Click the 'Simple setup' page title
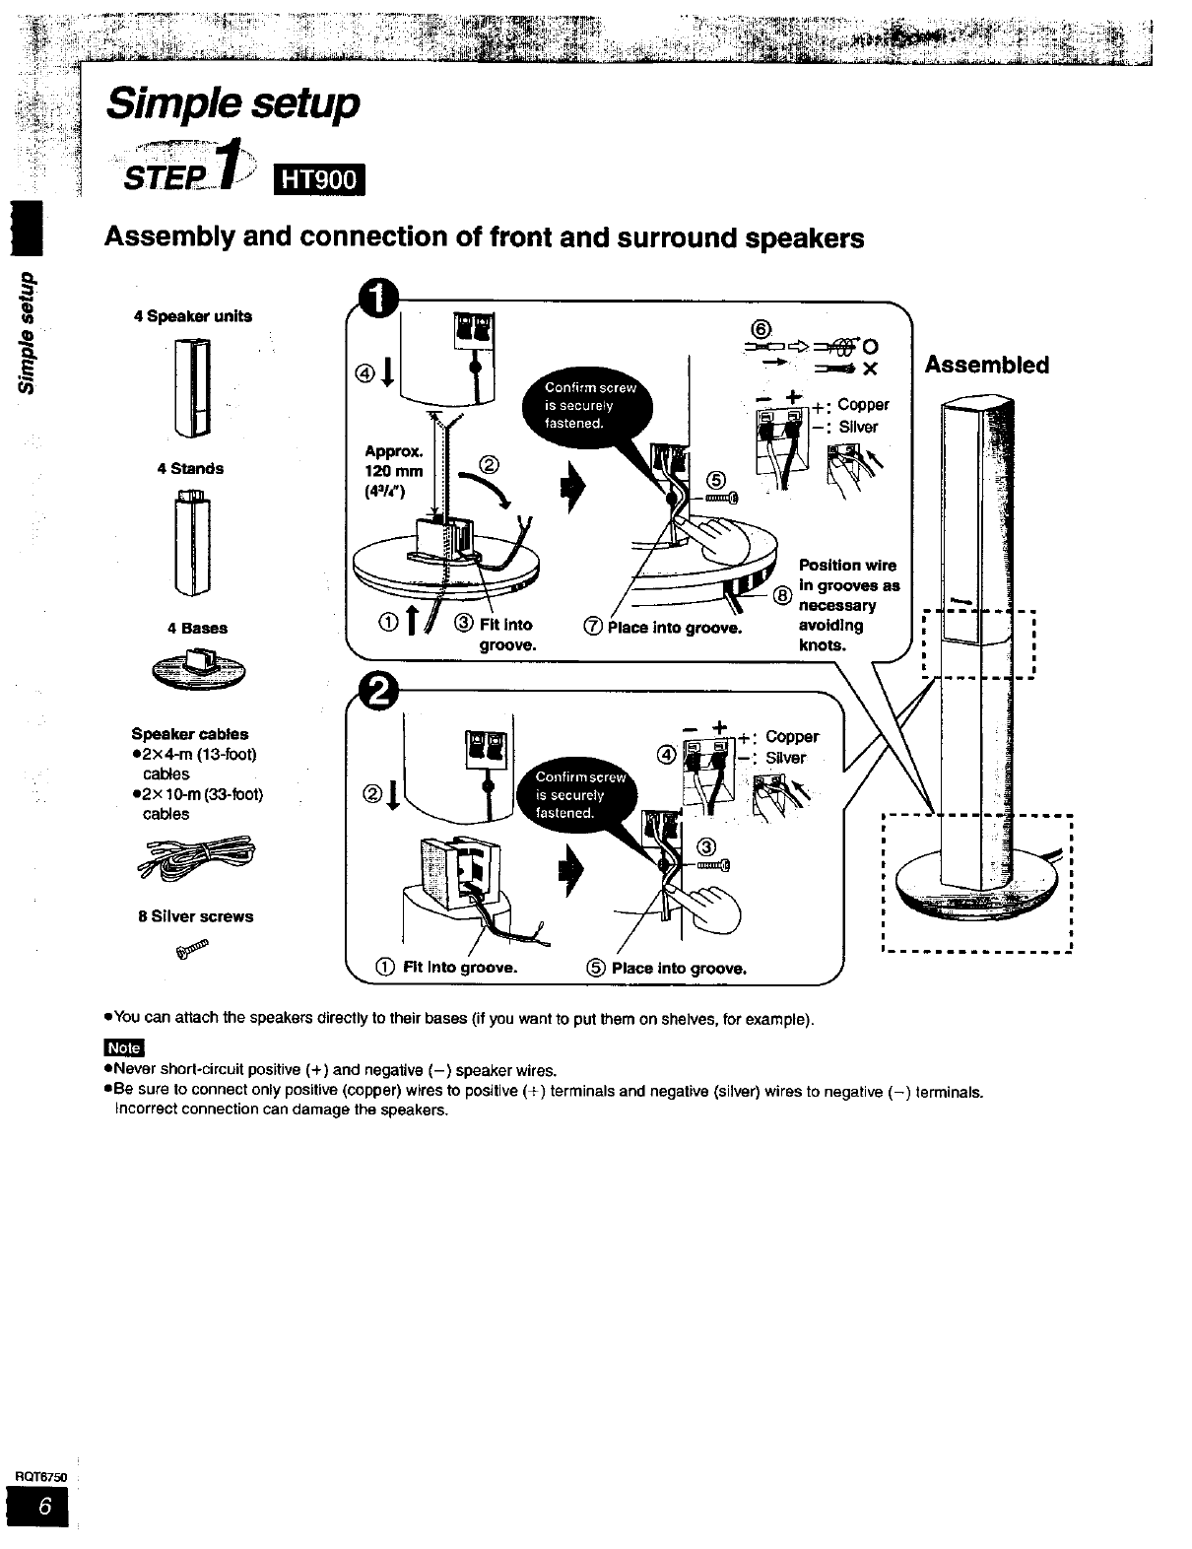click(x=232, y=103)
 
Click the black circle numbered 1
click(x=379, y=299)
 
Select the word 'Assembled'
click(x=986, y=366)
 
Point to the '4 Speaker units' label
click(x=193, y=316)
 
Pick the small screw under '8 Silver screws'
click(x=192, y=949)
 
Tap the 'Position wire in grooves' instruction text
click(x=847, y=605)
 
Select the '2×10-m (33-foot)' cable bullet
click(x=197, y=803)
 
